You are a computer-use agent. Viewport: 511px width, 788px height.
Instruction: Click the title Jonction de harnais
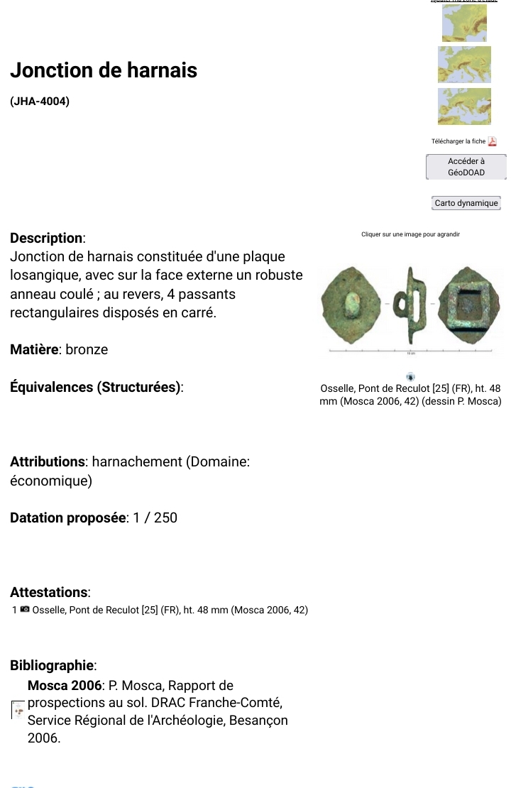click(104, 70)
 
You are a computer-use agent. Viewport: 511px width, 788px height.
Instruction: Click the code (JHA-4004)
click(40, 102)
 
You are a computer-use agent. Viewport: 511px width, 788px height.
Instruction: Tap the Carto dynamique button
click(466, 203)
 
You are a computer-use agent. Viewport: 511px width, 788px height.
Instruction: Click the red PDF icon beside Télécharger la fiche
click(493, 141)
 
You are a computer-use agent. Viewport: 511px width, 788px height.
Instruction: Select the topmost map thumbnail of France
click(464, 23)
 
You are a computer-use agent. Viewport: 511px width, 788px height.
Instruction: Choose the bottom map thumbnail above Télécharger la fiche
click(464, 106)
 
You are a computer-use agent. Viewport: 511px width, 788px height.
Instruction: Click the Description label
click(47, 238)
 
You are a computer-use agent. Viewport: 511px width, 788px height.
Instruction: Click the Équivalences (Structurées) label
click(96, 387)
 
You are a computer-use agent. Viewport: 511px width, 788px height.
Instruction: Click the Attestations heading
click(50, 592)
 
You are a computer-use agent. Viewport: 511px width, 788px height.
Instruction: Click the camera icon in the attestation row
click(25, 609)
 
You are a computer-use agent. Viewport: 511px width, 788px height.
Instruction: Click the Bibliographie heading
click(53, 665)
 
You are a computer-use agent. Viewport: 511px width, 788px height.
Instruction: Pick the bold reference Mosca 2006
click(65, 686)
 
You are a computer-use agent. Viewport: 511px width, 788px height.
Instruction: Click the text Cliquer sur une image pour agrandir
click(410, 234)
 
